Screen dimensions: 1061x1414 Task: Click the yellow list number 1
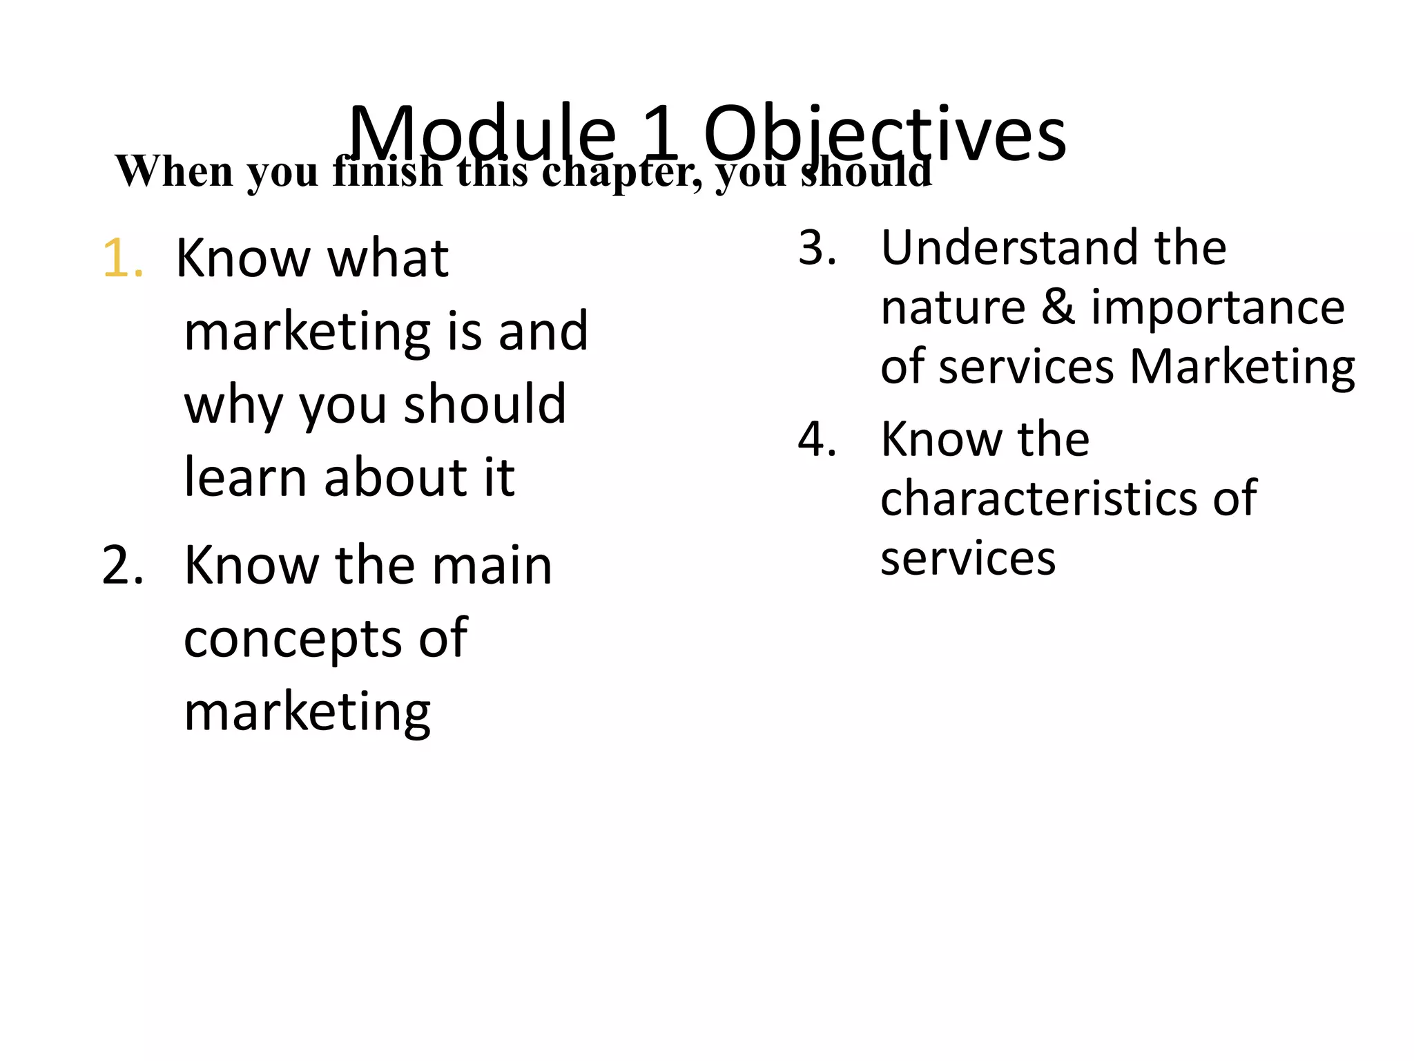coord(122,259)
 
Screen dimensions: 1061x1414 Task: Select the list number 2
coord(122,566)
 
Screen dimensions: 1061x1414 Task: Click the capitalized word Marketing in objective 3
coord(1241,367)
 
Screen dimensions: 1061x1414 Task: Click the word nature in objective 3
coord(953,308)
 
